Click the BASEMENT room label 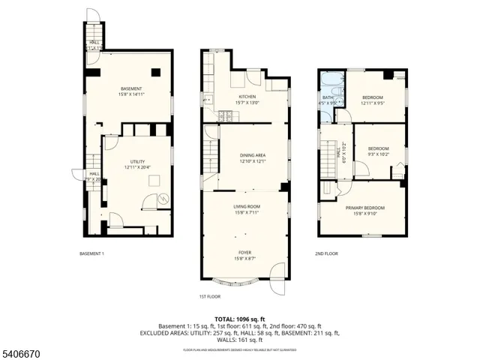coord(131,88)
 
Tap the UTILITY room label coord(136,161)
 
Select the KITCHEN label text coord(248,97)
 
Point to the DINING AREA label coord(253,155)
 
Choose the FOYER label coord(245,253)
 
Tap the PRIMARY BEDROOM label coord(364,207)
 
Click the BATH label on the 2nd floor coord(328,97)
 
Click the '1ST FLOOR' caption coord(210,296)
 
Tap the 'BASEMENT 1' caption coord(91,253)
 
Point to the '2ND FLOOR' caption coord(326,253)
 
